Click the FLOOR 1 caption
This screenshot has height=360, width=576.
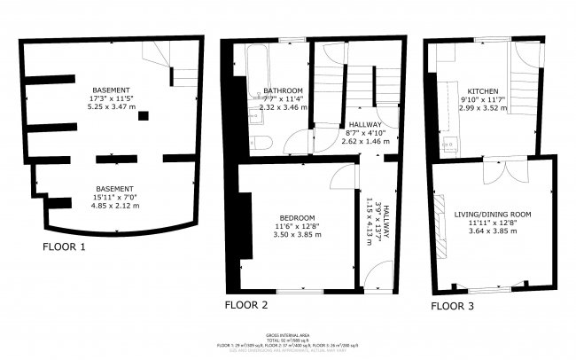click(x=64, y=247)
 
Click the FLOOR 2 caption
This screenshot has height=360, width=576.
click(x=246, y=304)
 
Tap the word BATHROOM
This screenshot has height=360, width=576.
click(x=284, y=90)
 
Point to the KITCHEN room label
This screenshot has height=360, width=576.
click(x=483, y=91)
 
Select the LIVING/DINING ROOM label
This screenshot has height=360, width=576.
click(x=492, y=214)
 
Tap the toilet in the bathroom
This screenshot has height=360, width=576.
click(x=261, y=143)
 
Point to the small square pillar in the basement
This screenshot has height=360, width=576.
click(x=143, y=115)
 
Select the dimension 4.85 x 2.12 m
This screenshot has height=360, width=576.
click(x=114, y=205)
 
